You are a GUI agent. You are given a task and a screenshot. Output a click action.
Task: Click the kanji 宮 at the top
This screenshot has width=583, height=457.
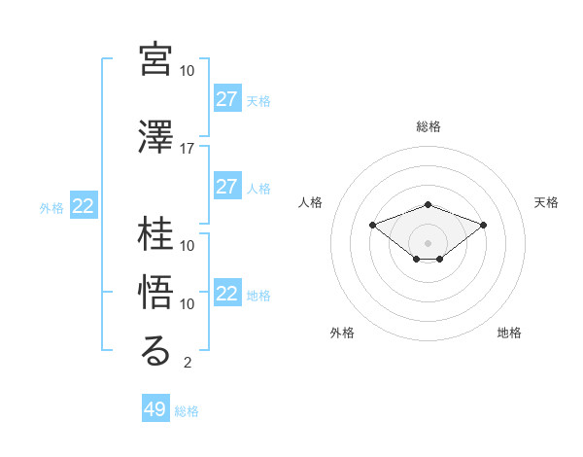coord(156,59)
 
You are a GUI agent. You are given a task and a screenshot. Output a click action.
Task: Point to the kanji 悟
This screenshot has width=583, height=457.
coord(156,293)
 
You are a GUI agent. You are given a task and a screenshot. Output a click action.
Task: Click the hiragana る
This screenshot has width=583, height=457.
coord(156,351)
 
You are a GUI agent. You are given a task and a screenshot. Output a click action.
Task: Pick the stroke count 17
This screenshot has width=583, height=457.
coord(187,149)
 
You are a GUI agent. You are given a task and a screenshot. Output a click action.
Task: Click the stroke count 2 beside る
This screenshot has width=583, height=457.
coord(187,364)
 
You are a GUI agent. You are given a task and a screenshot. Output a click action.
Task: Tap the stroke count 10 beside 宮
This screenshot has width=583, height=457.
coord(187,71)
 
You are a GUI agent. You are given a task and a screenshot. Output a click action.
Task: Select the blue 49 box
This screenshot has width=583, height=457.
coord(155,409)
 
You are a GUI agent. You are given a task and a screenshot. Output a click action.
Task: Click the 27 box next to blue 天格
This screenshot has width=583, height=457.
coord(227,99)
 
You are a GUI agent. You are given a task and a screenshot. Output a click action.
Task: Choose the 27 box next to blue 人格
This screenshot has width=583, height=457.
coord(227,187)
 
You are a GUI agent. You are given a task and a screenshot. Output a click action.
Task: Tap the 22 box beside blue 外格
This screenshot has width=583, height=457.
coord(84,206)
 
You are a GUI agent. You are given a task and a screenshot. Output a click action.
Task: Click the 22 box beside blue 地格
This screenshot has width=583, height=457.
coord(227,294)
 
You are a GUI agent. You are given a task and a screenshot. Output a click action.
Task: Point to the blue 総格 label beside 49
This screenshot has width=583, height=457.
coord(187,411)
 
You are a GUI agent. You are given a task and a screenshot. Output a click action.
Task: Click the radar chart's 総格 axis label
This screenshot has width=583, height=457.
coord(429,126)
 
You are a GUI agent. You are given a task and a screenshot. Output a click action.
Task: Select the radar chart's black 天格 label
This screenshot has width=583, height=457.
coord(547,202)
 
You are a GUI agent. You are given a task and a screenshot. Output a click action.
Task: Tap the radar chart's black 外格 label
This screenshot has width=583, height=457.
coord(342,333)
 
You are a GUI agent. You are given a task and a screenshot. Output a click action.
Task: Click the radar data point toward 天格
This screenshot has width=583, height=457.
coord(484,225)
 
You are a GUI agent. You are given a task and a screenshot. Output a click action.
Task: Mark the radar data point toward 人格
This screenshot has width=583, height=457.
coord(372,225)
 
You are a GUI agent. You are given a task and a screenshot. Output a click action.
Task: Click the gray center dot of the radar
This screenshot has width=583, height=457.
coord(429,242)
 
